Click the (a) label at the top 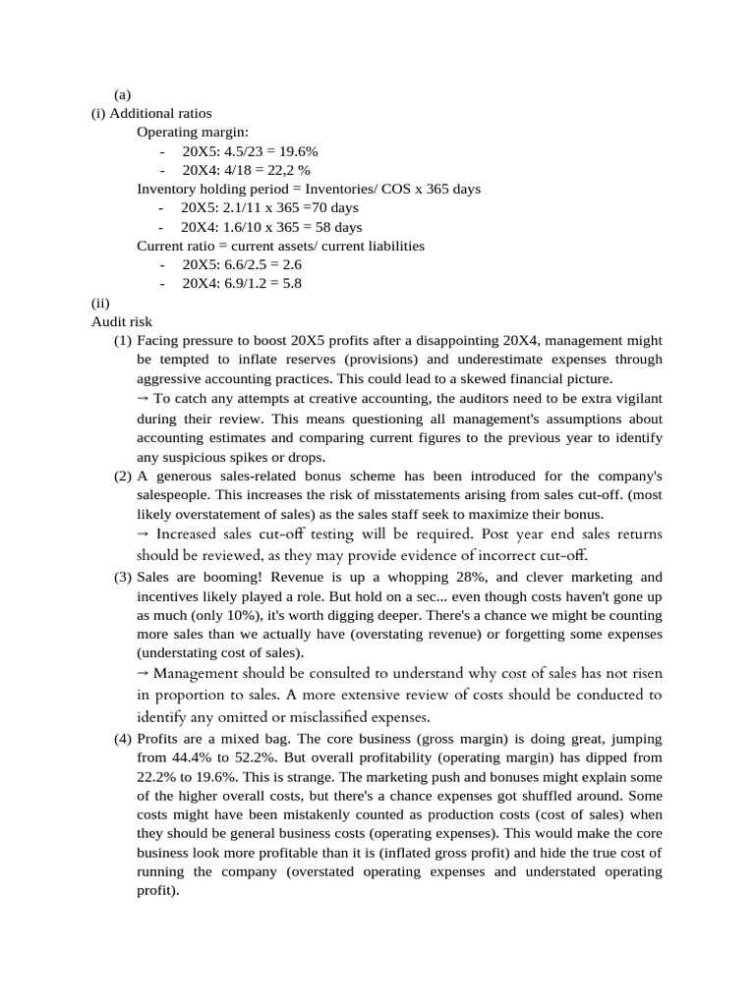(x=123, y=95)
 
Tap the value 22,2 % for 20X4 (x=290, y=170)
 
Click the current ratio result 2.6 (x=289, y=265)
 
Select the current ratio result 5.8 (x=290, y=284)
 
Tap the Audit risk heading (x=122, y=321)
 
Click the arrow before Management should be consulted (x=143, y=673)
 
